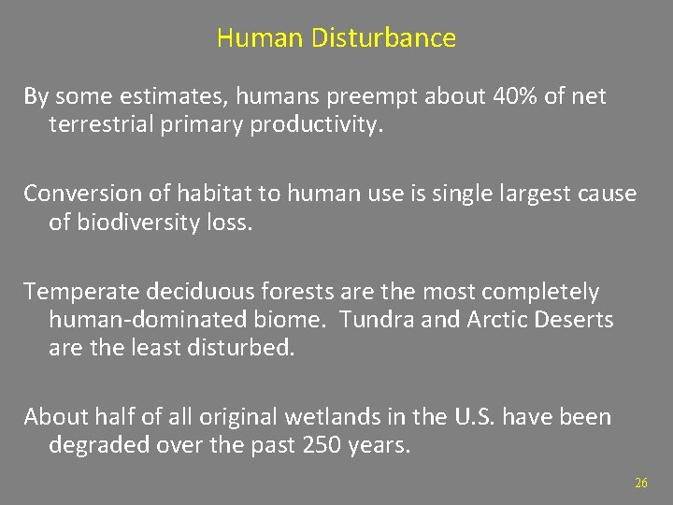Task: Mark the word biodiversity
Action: (139, 224)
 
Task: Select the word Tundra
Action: (373, 321)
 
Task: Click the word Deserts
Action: (573, 321)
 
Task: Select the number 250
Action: (322, 445)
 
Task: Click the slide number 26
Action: (640, 483)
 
